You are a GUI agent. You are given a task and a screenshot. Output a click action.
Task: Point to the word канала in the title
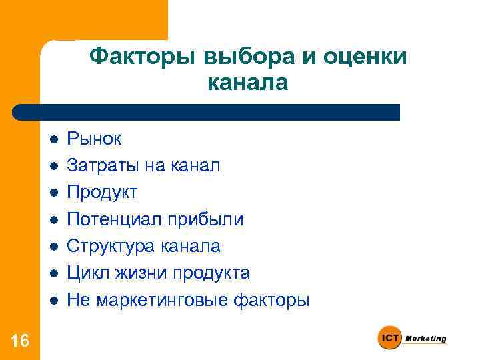click(248, 83)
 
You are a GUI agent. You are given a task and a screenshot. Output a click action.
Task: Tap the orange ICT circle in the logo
click(389, 339)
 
